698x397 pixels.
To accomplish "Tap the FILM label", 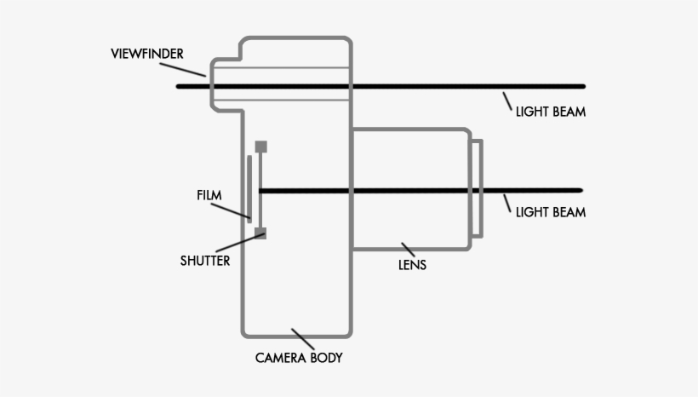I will (x=209, y=195).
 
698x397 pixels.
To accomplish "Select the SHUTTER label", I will (x=204, y=261).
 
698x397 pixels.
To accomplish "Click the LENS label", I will (x=413, y=265).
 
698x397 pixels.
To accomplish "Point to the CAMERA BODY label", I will (x=299, y=358).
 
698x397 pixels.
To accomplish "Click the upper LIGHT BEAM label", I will (x=551, y=112).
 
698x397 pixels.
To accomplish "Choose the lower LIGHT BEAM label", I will (x=551, y=212).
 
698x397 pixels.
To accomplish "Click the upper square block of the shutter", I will (x=260, y=147).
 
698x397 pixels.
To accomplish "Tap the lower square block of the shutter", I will (x=260, y=232).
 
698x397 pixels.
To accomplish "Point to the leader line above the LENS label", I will (x=408, y=249).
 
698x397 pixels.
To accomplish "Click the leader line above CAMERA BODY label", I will (x=302, y=338).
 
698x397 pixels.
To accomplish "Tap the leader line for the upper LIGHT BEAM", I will (x=507, y=101).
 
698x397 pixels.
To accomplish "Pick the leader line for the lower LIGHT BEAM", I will (x=507, y=202).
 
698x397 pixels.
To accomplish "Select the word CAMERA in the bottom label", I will (x=280, y=358).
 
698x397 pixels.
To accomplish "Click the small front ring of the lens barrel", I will (x=478, y=189).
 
